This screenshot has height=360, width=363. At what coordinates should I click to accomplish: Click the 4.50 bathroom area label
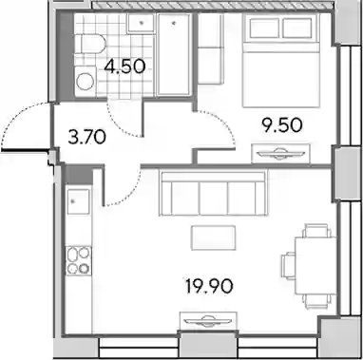click(x=124, y=66)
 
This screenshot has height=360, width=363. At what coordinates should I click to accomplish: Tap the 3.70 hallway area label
click(x=86, y=138)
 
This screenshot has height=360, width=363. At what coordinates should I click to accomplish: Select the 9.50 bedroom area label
click(x=281, y=125)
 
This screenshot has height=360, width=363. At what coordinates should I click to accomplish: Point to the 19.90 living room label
click(x=209, y=286)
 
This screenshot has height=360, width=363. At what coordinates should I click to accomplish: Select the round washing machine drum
click(x=86, y=82)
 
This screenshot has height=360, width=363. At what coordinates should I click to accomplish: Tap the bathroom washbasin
click(x=142, y=23)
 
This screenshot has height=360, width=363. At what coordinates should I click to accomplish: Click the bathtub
click(x=174, y=54)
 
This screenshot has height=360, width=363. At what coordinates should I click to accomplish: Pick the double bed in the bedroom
click(x=280, y=61)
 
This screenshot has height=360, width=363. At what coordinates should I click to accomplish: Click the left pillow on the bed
click(x=265, y=28)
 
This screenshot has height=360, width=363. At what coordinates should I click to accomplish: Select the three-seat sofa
click(x=213, y=193)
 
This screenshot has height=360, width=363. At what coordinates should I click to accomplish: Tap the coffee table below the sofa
click(x=213, y=237)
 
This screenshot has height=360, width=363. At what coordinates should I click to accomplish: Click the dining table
click(x=315, y=266)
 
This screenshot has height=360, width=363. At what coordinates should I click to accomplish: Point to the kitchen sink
click(x=79, y=201)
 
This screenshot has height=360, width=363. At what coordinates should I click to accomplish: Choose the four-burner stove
click(x=79, y=260)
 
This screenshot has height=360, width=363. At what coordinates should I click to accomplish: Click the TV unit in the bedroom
click(x=280, y=154)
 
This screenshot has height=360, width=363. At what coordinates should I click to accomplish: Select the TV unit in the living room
click(x=208, y=320)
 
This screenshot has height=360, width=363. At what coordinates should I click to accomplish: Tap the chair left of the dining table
click(x=288, y=266)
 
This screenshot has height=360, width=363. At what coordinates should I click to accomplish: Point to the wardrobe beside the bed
click(x=209, y=49)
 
